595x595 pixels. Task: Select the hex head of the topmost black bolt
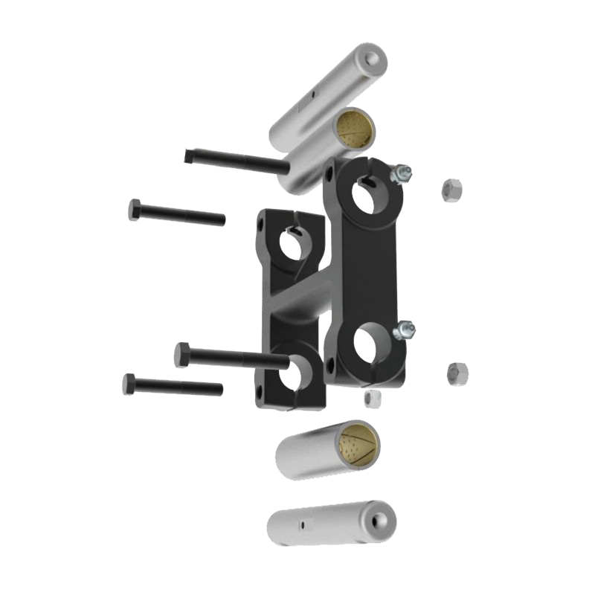tap(189, 155)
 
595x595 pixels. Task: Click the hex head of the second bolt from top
tap(135, 209)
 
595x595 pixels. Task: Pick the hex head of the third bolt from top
tap(181, 355)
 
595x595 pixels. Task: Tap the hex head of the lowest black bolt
tap(129, 384)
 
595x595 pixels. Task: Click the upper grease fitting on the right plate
tap(402, 174)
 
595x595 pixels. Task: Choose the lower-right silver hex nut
tap(455, 373)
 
